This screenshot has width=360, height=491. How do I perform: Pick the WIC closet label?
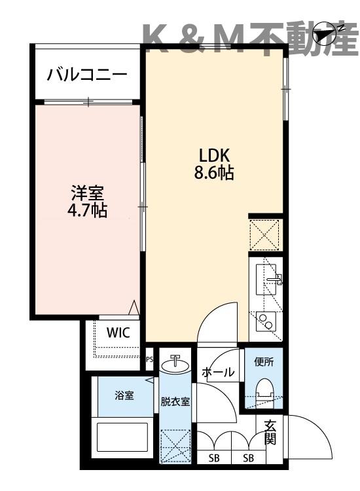click(118, 332)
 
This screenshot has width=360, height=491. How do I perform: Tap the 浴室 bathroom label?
click(124, 395)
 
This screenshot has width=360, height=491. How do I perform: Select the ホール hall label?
click(218, 373)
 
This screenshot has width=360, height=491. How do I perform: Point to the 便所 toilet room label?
click(264, 360)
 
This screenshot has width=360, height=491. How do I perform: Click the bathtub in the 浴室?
click(124, 439)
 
